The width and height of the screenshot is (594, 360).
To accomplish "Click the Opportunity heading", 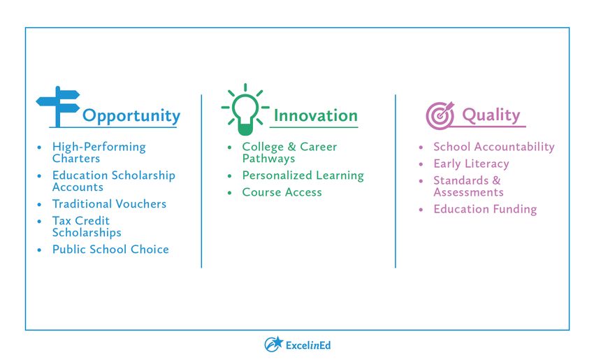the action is click(131, 116).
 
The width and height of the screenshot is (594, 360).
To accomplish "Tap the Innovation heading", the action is click(316, 115).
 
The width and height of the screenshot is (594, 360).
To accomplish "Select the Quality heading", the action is click(491, 115).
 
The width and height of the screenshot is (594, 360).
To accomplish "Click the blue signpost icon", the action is click(58, 106).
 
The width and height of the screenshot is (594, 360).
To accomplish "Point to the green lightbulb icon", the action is click(245, 110).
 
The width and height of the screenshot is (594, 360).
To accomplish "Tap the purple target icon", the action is click(440, 115).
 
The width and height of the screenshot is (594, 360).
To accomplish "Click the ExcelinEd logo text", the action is click(308, 345).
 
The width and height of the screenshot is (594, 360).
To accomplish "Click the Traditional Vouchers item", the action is click(109, 204).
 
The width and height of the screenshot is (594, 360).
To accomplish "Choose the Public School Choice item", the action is click(110, 250).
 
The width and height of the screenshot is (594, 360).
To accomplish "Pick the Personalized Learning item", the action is click(303, 176).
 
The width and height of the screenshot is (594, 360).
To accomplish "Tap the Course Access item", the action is click(282, 192).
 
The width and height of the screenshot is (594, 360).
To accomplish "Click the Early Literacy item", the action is click(471, 164).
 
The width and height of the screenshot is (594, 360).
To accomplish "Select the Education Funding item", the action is click(485, 210).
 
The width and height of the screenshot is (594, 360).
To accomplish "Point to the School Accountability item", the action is click(494, 147).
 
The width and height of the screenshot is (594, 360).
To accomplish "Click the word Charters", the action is click(76, 159).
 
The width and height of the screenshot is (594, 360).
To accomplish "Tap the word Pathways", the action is click(268, 159).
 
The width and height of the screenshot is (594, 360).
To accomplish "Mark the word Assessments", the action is click(469, 192).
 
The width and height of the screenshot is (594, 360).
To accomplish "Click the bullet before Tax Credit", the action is click(39, 222).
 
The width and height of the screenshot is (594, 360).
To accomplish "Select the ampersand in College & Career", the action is click(291, 147).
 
